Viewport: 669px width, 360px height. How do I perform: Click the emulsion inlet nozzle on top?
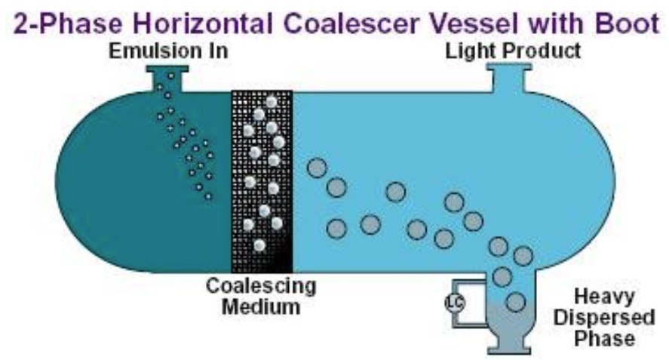coord(167,78)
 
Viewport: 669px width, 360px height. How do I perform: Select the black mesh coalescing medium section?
coord(261,181)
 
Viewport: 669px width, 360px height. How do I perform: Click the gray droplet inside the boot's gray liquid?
coord(516,303)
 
